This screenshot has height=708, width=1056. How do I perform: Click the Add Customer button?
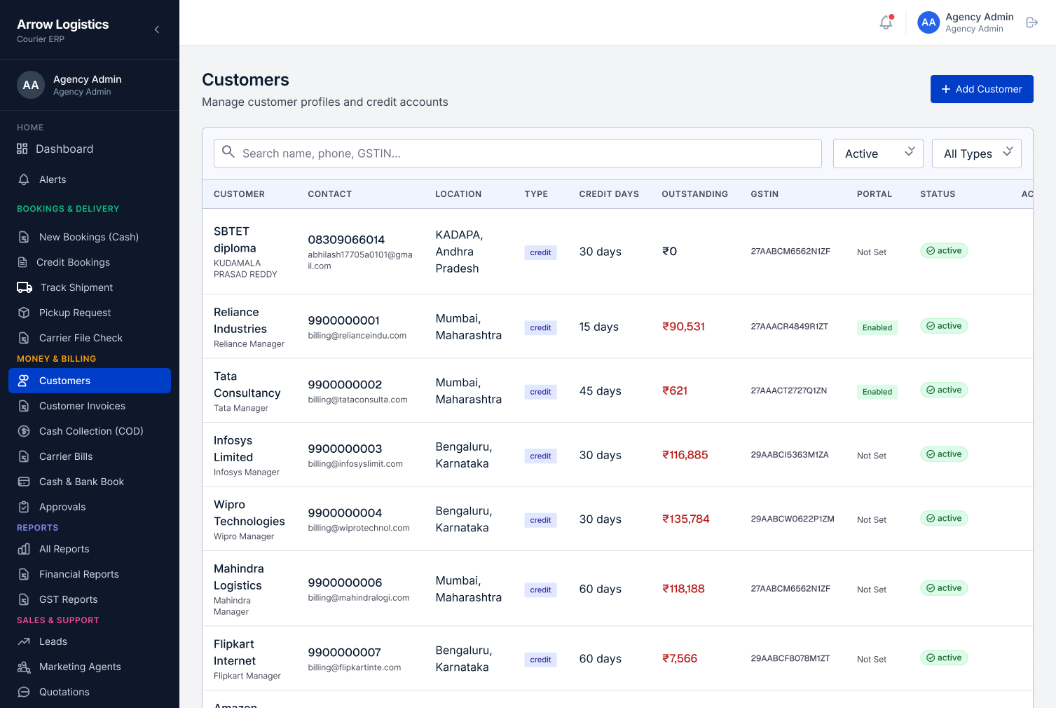pos(982,89)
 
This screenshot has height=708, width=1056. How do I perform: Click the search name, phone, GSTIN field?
pos(517,154)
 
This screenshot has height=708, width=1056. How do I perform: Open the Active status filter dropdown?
pos(878,154)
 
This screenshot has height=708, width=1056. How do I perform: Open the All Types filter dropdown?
pos(976,154)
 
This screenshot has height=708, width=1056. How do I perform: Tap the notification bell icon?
pos(886,22)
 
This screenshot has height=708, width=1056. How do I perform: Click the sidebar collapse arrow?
pos(157,29)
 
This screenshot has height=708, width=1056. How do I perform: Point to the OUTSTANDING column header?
pos(694,194)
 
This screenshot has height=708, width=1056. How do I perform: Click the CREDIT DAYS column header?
pos(609,194)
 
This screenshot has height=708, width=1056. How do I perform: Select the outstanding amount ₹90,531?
pos(683,327)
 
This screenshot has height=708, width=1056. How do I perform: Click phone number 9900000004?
pos(345,512)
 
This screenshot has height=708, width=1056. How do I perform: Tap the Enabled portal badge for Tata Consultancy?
pos(877,391)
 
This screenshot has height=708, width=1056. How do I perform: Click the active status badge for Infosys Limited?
pos(943,454)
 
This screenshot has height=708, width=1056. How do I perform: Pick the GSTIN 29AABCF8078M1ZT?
pos(790,658)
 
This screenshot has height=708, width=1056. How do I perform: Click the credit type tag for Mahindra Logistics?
pos(540,590)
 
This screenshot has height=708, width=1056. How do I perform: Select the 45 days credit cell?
pos(600,390)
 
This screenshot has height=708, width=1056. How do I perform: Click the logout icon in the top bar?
pos(1031,22)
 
